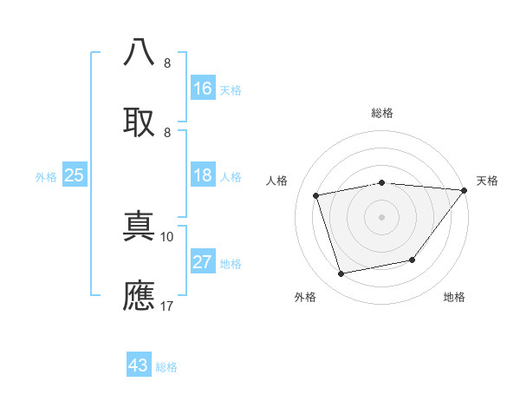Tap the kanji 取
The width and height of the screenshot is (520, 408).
click(140, 122)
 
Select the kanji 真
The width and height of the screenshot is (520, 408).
click(140, 227)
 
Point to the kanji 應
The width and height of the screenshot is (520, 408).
click(140, 295)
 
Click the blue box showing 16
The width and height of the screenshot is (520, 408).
click(203, 88)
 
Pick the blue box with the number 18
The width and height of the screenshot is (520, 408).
click(203, 175)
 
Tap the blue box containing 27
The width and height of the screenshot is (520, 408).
click(203, 262)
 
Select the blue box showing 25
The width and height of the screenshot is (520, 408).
click(75, 175)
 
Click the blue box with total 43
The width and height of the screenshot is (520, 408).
click(139, 365)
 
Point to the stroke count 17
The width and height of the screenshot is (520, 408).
click(167, 306)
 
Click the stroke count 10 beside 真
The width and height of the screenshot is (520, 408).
click(167, 236)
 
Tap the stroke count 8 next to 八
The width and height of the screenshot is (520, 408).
click(167, 63)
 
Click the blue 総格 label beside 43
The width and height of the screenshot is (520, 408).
click(166, 367)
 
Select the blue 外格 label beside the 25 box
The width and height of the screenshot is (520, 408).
click(46, 176)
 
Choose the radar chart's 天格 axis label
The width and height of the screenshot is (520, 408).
click(487, 181)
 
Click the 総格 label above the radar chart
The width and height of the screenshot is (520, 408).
click(382, 113)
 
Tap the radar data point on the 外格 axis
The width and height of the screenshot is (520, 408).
click(341, 273)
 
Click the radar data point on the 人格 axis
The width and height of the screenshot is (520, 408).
click(316, 195)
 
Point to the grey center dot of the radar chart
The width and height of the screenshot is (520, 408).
click(382, 217)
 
